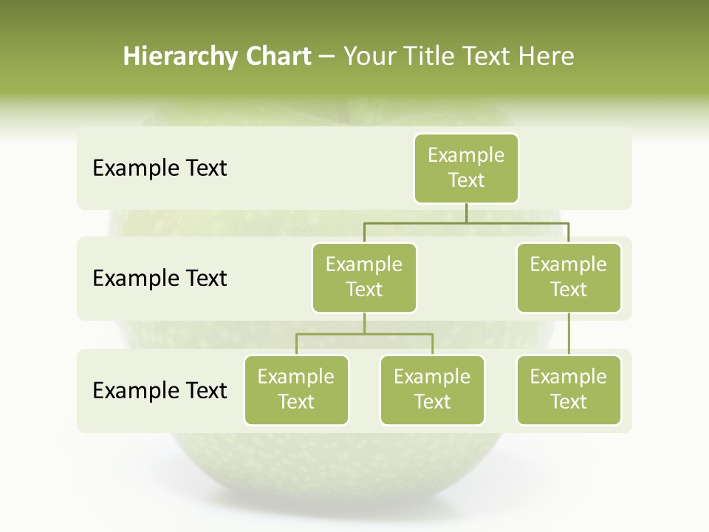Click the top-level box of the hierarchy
466,168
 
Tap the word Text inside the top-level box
466,180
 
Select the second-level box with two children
364,277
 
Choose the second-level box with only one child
569,277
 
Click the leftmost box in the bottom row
296,389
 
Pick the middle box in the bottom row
432,389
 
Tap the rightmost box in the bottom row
569,389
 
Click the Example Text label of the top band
160,168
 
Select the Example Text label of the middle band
160,279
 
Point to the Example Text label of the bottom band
160,390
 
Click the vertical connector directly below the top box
466,213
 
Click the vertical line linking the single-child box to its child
569,334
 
